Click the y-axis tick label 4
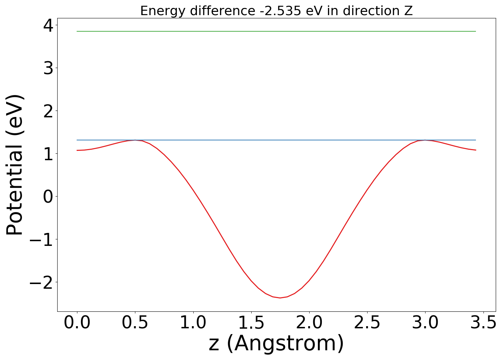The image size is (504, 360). tap(48, 25)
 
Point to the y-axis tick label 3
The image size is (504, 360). tap(48, 68)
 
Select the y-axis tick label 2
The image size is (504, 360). tap(48, 111)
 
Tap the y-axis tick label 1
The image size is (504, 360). tap(48, 154)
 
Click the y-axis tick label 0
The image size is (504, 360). tap(48, 197)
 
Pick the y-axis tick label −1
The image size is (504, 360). tap(41, 239)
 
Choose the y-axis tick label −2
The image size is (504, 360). tap(41, 282)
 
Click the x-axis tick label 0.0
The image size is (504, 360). tap(77, 323)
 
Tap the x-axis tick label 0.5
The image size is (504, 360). tap(135, 323)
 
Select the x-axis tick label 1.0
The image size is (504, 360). tap(193, 323)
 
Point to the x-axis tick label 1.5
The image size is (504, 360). tap(251, 323)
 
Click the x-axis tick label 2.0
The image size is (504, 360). tap(309, 323)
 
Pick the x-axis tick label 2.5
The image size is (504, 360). tap(367, 323)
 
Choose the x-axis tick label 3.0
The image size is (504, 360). tap(425, 323)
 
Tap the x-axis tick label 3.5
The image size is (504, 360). tap(483, 323)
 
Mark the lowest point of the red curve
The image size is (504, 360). tap(280, 298)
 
